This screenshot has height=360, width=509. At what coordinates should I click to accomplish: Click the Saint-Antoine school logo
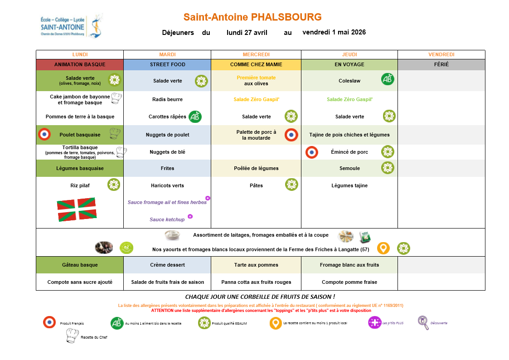pos(72,26)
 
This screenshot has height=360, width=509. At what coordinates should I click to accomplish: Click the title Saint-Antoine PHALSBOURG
pos(252,17)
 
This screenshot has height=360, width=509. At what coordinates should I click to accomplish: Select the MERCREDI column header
pos(256,54)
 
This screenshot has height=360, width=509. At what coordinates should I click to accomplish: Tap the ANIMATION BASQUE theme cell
pos(80,64)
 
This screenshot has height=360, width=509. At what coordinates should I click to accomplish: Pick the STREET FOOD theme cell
pos(167,64)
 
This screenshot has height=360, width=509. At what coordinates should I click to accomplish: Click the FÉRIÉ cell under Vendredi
pos(441,64)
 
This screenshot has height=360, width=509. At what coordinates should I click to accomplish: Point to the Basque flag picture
pos(77,209)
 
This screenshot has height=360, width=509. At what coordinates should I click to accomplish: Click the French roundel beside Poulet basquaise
pos(44,134)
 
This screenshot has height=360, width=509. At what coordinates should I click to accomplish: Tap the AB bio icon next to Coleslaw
pos(388,79)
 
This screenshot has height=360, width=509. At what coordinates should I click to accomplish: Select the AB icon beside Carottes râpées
pos(195,117)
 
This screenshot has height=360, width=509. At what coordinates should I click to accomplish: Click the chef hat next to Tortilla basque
pos(121,152)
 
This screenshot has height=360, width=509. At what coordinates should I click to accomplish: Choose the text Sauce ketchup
pos(167,219)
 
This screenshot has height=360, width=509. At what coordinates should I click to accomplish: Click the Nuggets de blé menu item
pos(167,152)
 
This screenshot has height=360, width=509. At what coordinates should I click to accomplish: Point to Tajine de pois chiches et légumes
pos(349,135)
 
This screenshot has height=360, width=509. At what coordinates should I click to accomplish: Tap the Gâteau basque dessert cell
pos(80,265)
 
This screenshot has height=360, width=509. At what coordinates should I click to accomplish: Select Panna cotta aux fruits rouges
pos(256,282)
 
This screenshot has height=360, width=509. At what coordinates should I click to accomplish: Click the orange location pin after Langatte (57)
pos(383,248)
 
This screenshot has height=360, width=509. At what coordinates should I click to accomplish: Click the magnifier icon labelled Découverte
pos(423,322)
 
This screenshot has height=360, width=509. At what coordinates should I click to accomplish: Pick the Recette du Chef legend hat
pos(72,336)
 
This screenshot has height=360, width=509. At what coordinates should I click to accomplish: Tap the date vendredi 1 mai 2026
pos(334,32)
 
